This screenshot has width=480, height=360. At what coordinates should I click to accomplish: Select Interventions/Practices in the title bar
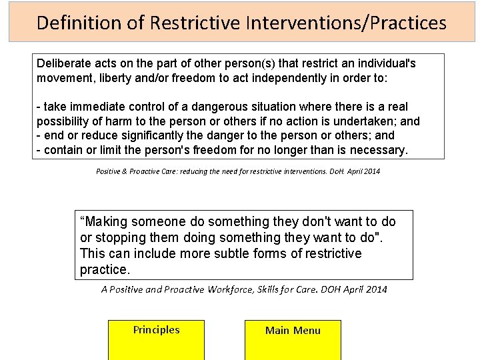pos(345,23)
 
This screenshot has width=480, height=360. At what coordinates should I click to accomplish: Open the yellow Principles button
pos(156,339)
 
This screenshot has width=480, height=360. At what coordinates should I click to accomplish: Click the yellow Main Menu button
pos(293,339)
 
